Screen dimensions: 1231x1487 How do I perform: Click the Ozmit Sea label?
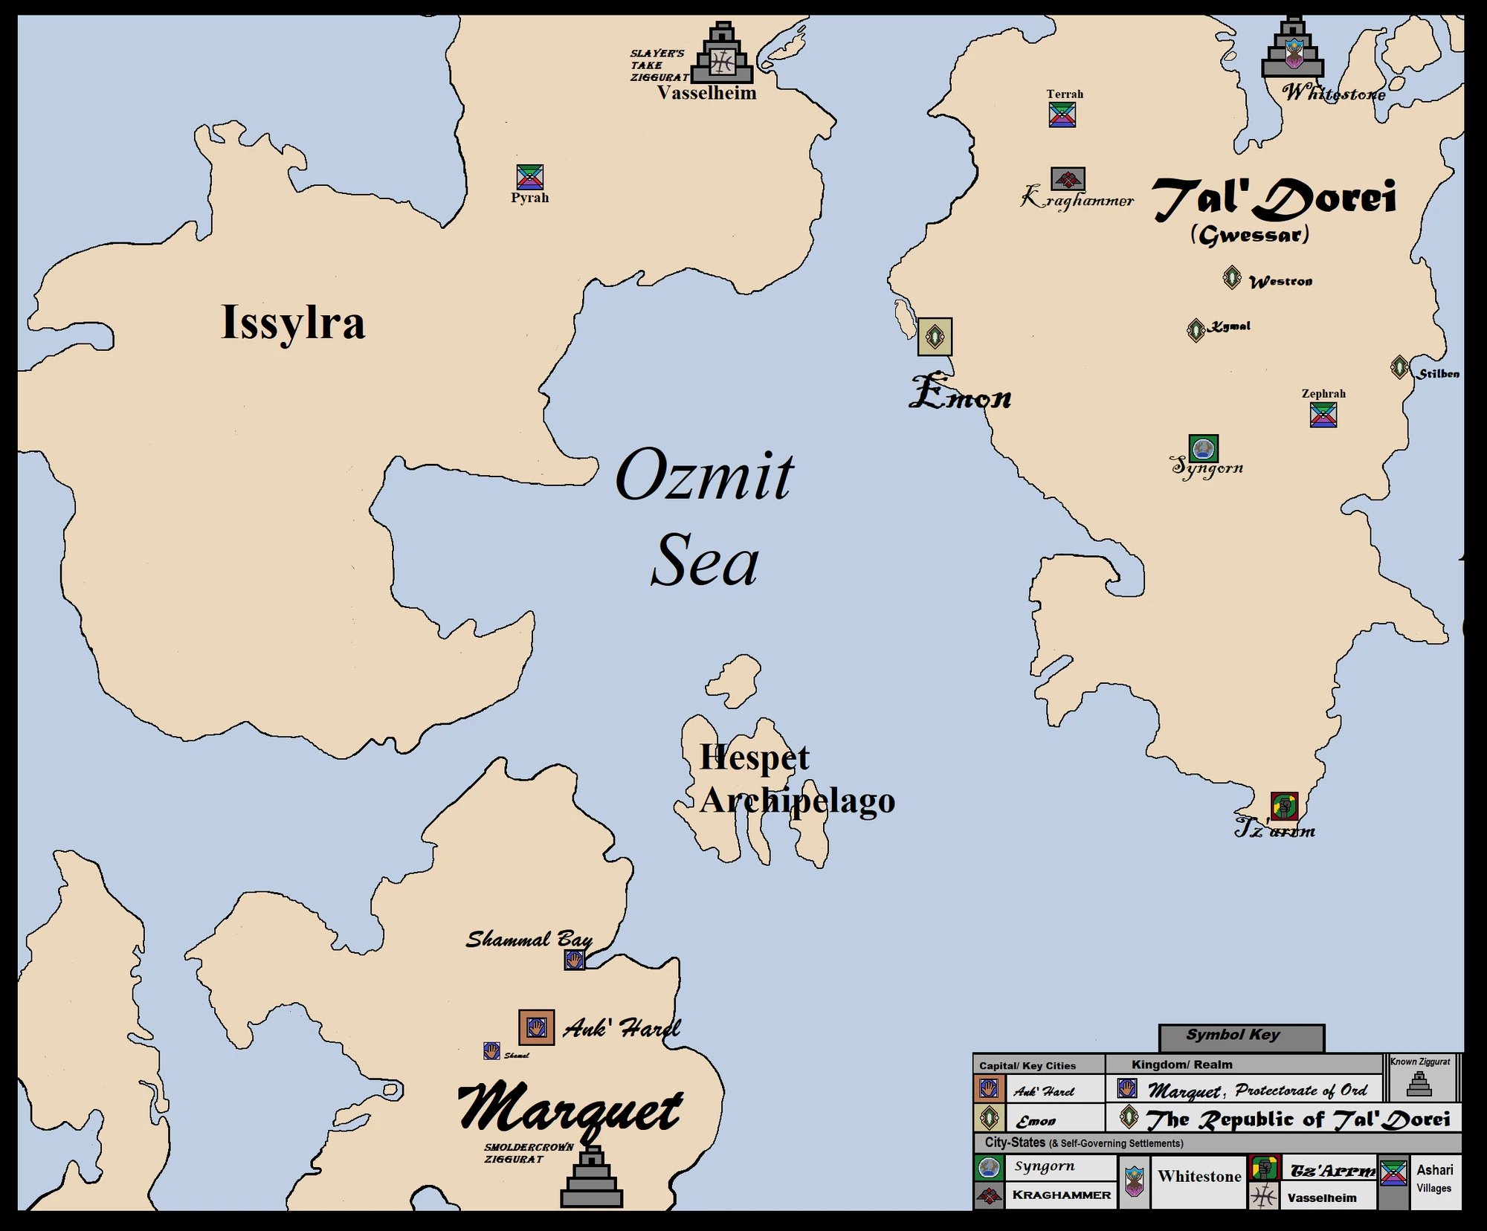705,517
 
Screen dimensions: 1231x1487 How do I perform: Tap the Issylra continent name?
293,323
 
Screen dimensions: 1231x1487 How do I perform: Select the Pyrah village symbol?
530,177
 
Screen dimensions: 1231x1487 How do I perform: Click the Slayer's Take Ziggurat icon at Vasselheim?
722,56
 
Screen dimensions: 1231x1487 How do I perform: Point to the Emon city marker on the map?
935,337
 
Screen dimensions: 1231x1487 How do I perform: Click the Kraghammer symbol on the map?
1068,178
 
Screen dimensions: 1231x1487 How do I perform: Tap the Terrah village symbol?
1062,114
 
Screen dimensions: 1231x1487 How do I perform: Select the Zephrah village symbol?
1323,415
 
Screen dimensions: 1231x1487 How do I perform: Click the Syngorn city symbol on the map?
1203,448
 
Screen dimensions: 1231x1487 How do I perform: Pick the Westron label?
1280,282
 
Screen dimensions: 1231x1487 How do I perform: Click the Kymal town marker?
1196,329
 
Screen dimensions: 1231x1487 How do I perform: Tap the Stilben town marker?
1399,366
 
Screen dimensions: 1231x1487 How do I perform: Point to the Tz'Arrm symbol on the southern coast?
1284,806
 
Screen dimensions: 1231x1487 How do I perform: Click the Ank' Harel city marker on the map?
536,1027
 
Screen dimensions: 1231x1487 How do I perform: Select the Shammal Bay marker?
574,960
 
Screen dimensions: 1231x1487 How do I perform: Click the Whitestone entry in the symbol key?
1199,1176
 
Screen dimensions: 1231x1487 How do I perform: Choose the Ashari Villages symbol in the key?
1393,1173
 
